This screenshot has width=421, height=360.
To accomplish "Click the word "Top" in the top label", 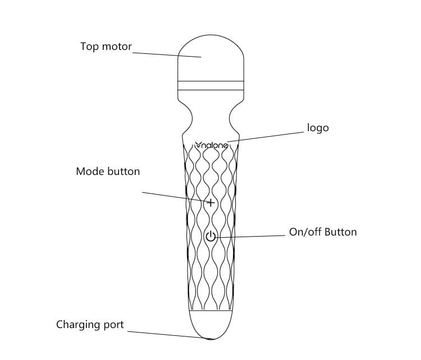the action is click(x=89, y=47).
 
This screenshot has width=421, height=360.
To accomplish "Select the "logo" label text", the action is click(x=318, y=128).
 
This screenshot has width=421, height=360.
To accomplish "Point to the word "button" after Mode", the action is click(x=123, y=172).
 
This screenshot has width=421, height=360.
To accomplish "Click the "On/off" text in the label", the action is click(x=303, y=232).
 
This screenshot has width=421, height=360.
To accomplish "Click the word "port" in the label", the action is click(x=113, y=325).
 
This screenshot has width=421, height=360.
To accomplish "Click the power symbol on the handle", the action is click(x=210, y=236).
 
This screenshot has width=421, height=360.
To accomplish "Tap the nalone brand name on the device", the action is click(x=212, y=145).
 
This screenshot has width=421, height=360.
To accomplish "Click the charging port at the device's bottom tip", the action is click(x=211, y=339).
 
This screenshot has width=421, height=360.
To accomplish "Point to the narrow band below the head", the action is click(x=210, y=85).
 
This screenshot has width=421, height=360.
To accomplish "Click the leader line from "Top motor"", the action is click(x=167, y=55).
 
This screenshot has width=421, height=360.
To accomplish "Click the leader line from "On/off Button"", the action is click(x=249, y=236).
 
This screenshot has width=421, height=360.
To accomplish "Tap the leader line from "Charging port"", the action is click(x=169, y=335).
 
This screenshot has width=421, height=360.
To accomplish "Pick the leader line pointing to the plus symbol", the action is click(x=176, y=197).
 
